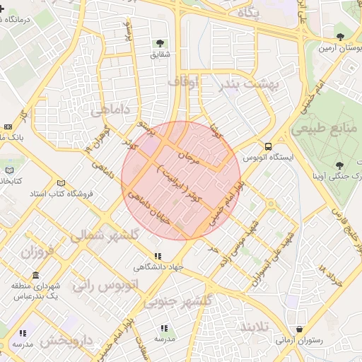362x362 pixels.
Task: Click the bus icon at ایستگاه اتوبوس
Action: click(x=269, y=146)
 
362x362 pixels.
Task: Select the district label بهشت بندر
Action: click(x=249, y=83)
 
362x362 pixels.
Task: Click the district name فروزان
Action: click(x=37, y=252)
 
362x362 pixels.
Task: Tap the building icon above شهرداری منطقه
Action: click(x=35, y=276)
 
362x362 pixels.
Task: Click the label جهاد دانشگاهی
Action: click(x=158, y=267)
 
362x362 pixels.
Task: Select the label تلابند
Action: click(x=257, y=327)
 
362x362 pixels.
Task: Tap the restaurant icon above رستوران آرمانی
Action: click(x=300, y=329)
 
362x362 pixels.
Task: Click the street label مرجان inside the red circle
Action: click(x=190, y=158)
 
